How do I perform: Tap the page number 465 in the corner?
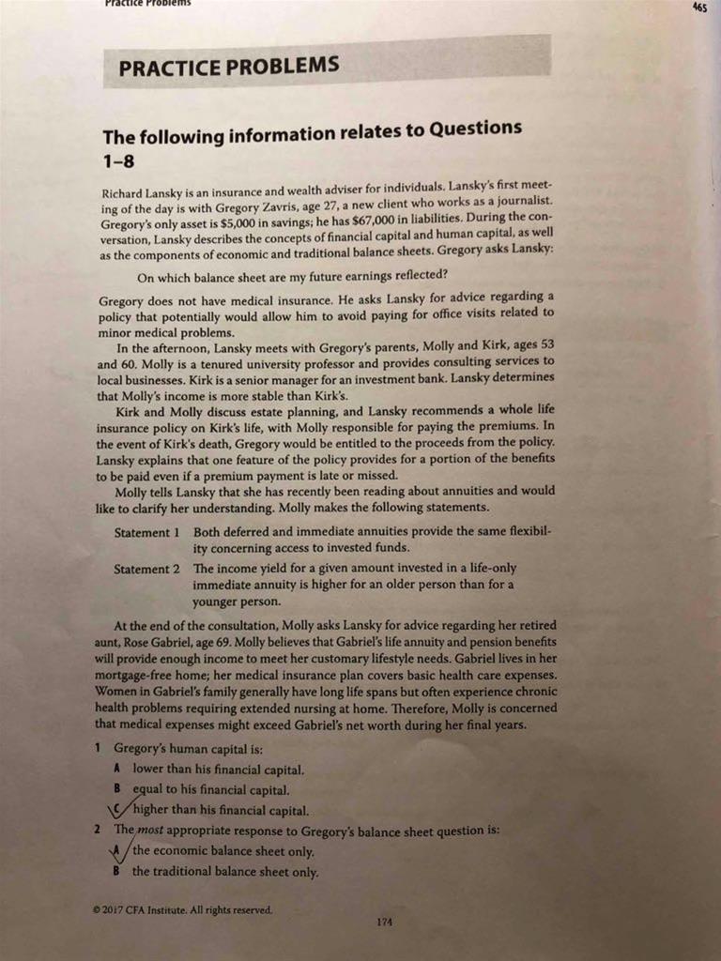click(x=698, y=8)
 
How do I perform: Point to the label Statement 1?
click(x=146, y=533)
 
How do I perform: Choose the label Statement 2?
click(x=146, y=570)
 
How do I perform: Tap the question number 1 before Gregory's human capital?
click(x=98, y=749)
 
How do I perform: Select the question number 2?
click(x=98, y=831)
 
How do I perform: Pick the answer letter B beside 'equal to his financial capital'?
click(x=117, y=789)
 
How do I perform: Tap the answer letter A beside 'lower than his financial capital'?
click(x=116, y=770)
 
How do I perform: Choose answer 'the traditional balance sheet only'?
click(x=224, y=872)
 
